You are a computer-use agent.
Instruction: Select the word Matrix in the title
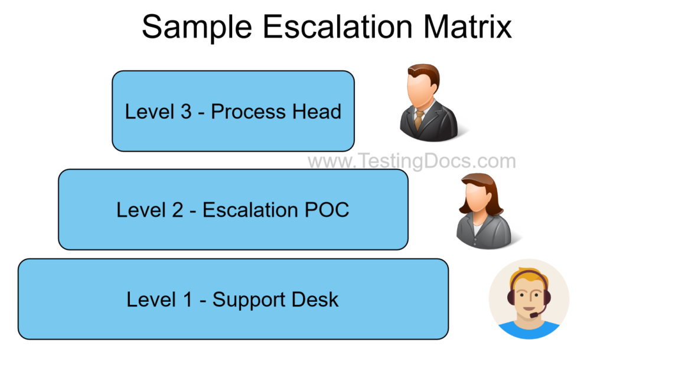(466, 27)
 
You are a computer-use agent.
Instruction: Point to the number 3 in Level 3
(186, 111)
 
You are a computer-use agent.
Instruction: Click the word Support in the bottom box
(251, 300)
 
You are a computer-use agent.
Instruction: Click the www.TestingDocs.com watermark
(412, 161)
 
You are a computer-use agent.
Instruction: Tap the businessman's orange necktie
(419, 120)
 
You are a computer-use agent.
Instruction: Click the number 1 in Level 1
(188, 299)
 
